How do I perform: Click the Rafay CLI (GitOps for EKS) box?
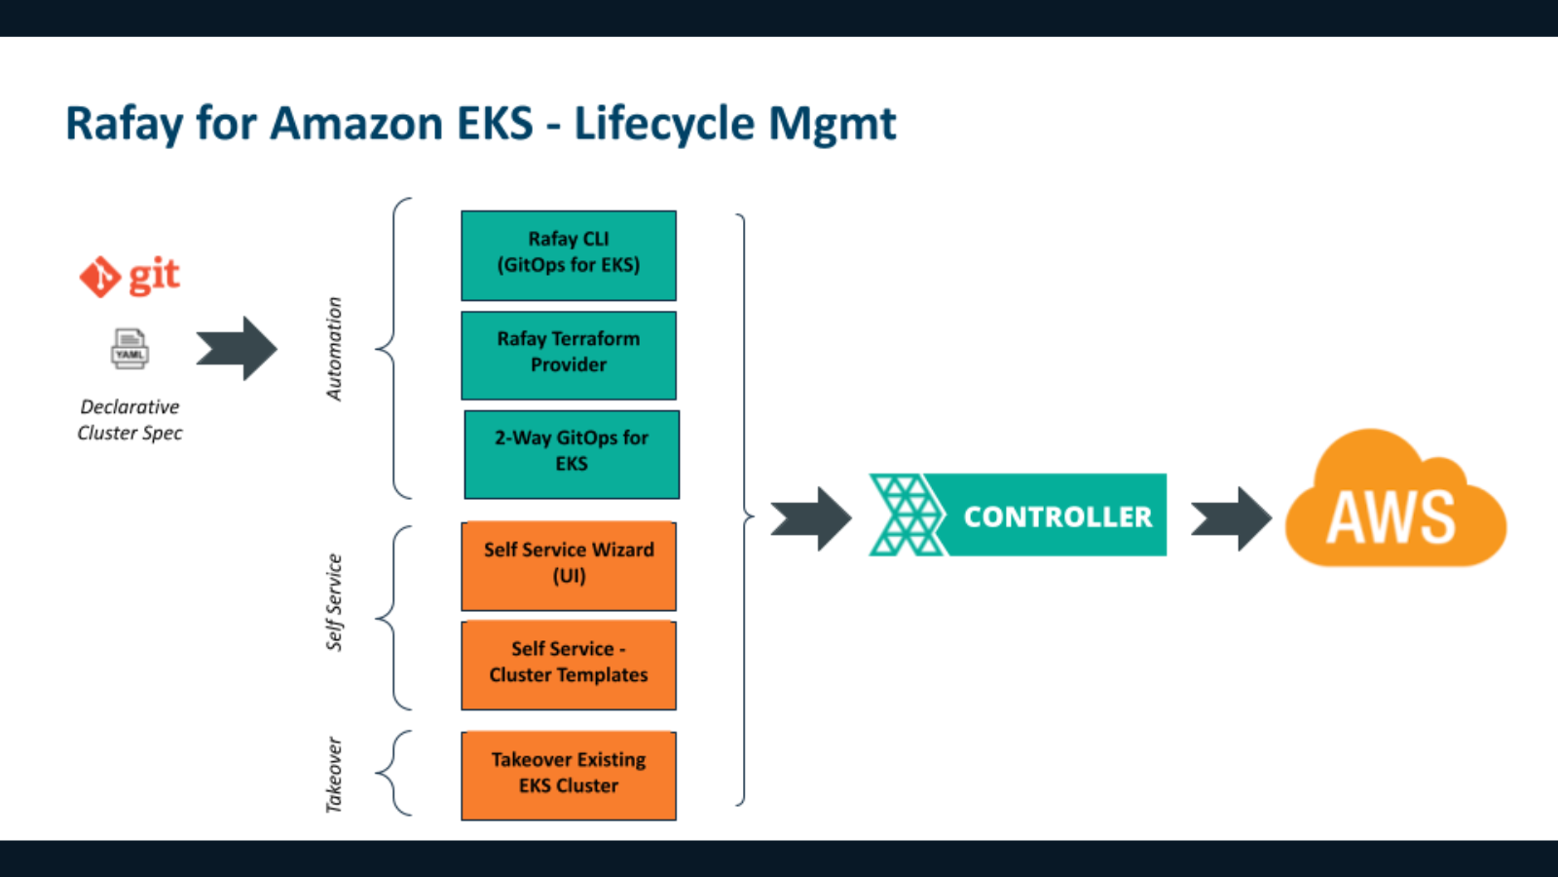(569, 255)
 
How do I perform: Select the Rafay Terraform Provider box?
(569, 355)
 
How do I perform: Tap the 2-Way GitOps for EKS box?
(572, 454)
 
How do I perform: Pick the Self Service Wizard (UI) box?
(569, 566)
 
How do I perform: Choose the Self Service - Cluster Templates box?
(569, 665)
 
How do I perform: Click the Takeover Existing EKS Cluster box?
(569, 775)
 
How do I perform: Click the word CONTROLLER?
(1057, 516)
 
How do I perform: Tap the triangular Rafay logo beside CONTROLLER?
(906, 515)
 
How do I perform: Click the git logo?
(130, 277)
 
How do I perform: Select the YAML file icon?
(130, 349)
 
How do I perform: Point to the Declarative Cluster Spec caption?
(130, 420)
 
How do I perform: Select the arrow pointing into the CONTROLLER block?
(810, 518)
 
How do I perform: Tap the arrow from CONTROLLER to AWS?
(1231, 518)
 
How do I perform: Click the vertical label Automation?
(334, 349)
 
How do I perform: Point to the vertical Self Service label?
(334, 602)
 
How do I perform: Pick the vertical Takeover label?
(334, 775)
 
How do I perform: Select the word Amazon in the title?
(356, 124)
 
